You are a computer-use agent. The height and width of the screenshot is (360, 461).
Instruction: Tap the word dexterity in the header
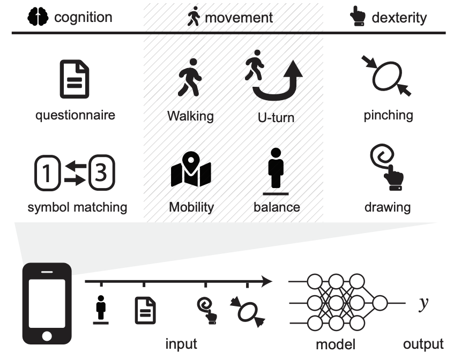coord(399,18)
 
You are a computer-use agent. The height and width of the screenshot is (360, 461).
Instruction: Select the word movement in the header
coord(239,18)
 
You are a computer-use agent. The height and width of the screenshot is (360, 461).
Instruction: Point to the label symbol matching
coord(77,207)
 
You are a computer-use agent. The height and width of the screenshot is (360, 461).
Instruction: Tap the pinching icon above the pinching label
coord(388,79)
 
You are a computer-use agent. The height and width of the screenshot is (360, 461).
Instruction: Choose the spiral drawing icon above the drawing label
coord(387,168)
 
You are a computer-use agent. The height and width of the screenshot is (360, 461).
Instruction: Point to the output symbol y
coord(423,303)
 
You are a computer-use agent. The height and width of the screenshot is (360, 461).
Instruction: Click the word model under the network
coord(336,343)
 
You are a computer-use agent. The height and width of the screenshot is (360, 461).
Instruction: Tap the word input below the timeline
coord(181,343)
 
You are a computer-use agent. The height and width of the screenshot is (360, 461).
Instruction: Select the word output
coord(423,343)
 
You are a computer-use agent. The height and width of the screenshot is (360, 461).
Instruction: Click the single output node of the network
coord(380,303)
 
